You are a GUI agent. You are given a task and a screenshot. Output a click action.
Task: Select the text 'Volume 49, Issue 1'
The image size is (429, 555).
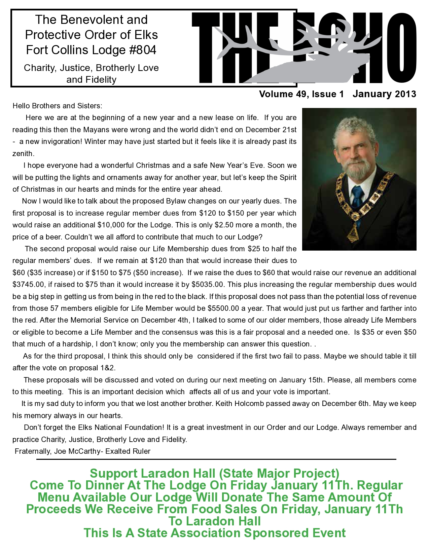[x=301, y=94]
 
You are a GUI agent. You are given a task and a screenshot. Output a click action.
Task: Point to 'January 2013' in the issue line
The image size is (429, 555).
[x=384, y=94]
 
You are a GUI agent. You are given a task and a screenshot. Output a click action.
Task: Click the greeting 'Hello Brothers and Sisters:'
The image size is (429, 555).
[x=57, y=106]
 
